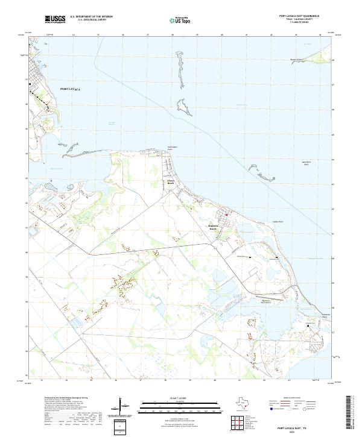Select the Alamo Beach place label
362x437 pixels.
tap(170, 181)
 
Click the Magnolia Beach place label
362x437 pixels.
tap(212, 228)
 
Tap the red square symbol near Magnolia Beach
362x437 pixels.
tap(227, 214)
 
